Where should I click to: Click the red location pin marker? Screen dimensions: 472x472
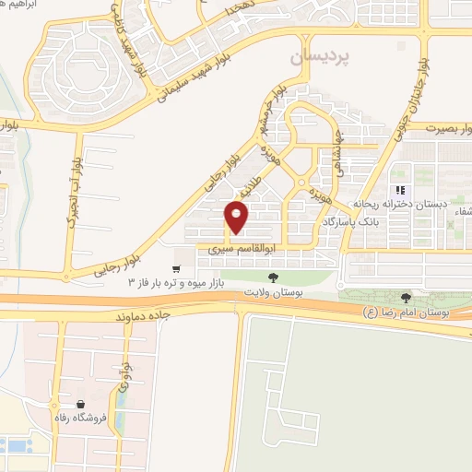pos(238,217)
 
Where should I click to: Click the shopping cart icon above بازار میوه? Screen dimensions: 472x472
pos(175,268)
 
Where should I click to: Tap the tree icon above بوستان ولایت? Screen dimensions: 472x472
pos(271,276)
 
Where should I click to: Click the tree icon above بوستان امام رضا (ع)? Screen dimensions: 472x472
pos(407,296)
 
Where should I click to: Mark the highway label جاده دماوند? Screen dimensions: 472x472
pos(146,314)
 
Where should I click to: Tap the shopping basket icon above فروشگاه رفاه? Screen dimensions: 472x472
pos(81,405)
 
